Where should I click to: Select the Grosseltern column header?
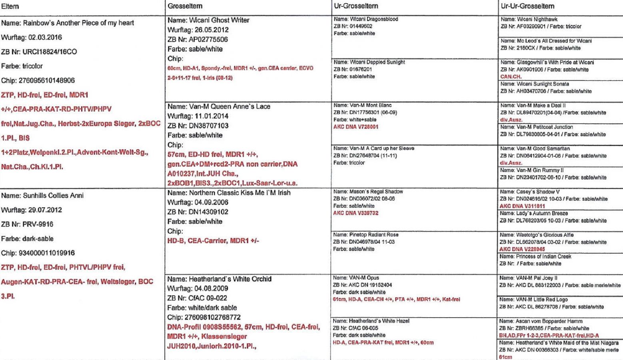185,6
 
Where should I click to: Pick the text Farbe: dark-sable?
27,239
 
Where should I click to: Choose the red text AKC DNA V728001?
355,127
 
